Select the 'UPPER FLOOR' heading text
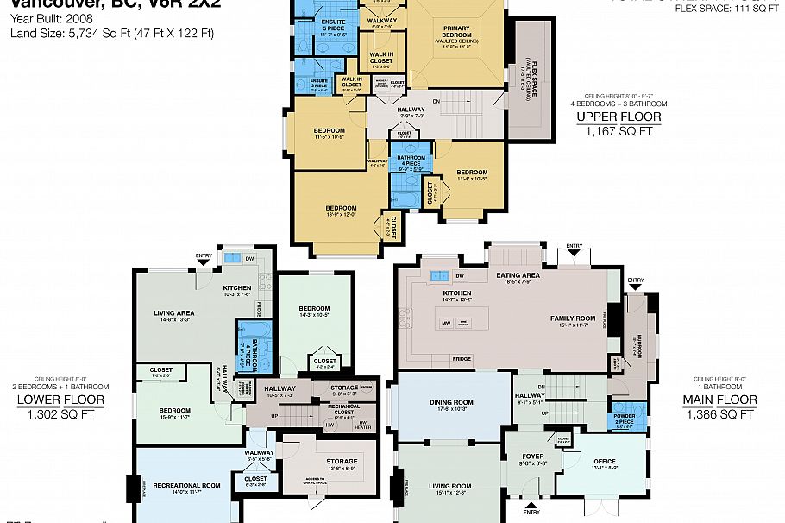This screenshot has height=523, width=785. (619, 117)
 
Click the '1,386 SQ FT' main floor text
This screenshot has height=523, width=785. (719, 415)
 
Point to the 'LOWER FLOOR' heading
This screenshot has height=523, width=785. (60, 400)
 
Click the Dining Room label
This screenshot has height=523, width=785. (451, 402)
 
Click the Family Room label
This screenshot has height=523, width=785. (574, 318)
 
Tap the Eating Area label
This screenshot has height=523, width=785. (518, 275)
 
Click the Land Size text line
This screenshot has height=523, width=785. (112, 34)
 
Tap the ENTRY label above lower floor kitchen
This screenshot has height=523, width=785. (204, 255)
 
